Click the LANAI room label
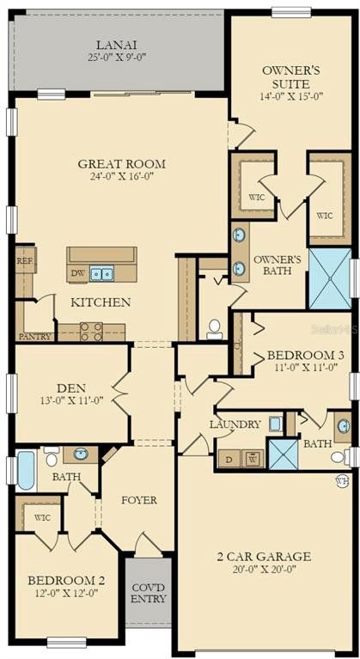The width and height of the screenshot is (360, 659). click(x=117, y=45)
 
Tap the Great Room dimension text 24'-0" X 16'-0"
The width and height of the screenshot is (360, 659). click(x=121, y=176)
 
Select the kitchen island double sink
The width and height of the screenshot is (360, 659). click(x=101, y=274)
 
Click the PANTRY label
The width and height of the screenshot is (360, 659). click(x=35, y=336)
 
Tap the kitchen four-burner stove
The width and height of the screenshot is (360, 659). click(x=91, y=332)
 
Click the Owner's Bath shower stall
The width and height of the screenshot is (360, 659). click(x=330, y=278)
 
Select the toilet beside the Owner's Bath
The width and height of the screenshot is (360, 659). click(x=215, y=329)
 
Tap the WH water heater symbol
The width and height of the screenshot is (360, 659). click(x=342, y=481)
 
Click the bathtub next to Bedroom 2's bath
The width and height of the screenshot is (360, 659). click(x=26, y=470)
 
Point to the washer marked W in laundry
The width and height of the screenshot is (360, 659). click(x=253, y=459)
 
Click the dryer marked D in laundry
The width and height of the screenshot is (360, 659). click(x=229, y=459)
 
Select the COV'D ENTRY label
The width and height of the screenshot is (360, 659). click(x=149, y=593)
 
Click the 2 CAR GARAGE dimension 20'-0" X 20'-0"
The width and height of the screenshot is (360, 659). click(x=265, y=570)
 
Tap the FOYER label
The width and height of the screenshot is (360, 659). click(x=139, y=501)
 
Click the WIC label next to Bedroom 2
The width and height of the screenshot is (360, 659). click(x=41, y=518)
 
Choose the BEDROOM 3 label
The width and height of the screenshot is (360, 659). click(x=306, y=356)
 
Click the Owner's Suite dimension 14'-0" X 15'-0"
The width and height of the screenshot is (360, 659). click(x=291, y=96)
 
